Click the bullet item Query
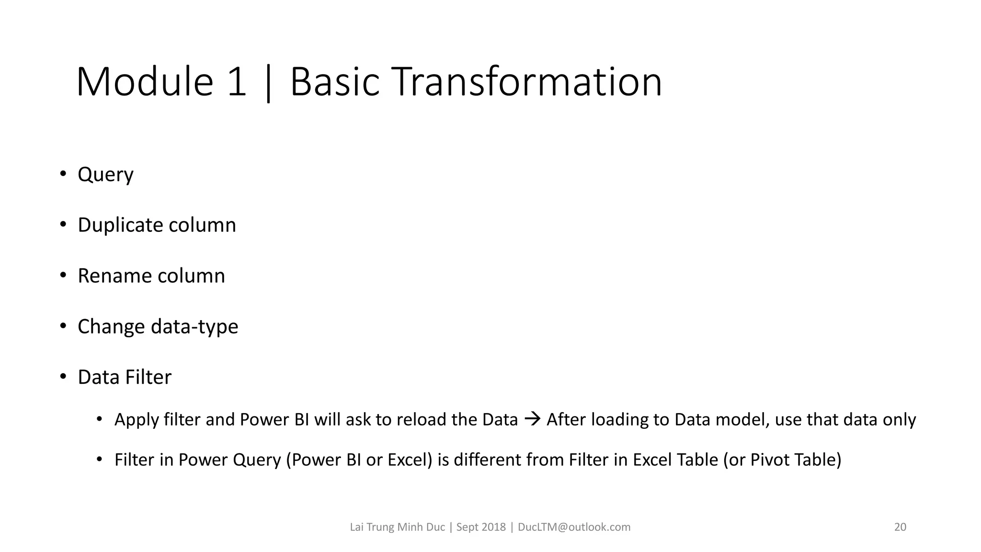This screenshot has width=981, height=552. point(105,174)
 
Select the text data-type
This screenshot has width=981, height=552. point(194,327)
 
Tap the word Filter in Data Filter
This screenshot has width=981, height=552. point(148,378)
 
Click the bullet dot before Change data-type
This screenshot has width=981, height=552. point(63,326)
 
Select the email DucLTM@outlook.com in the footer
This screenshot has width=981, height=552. point(574,528)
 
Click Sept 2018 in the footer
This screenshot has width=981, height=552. point(480,528)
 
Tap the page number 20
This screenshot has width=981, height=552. point(900,528)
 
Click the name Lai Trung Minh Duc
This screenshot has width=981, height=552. point(397,528)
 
